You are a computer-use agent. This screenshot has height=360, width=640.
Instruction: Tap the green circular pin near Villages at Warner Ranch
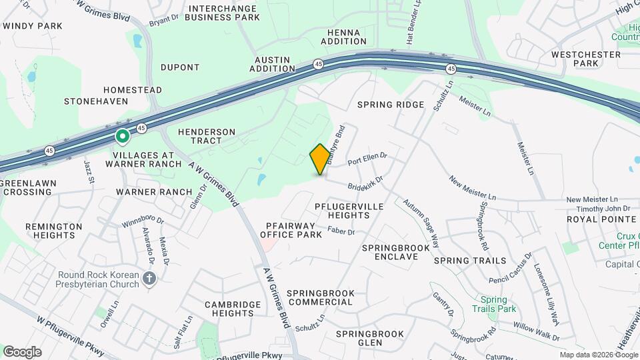coord(123,137)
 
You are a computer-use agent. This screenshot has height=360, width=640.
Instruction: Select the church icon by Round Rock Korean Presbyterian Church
coord(150,279)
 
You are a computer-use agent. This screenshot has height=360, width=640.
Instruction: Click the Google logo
coord(21,351)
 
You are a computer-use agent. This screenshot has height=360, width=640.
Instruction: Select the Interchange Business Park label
coord(223,13)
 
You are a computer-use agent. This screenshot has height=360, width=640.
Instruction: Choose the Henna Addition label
coord(344,37)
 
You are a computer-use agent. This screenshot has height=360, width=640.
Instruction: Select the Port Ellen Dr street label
coord(367,159)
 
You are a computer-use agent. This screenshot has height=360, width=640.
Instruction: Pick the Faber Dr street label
coord(341,231)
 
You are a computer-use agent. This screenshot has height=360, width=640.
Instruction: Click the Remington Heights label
coord(54,231)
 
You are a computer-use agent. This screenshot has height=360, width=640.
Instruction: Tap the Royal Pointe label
coord(601,219)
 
